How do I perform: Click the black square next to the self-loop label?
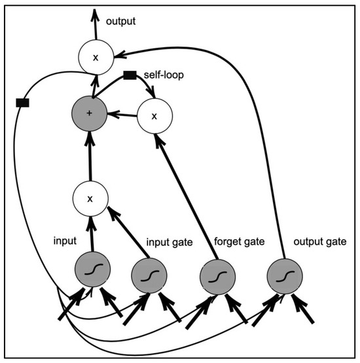tap(130, 75)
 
